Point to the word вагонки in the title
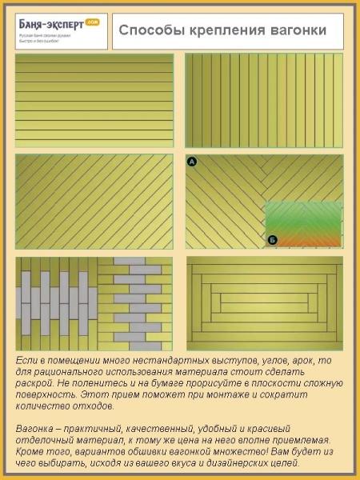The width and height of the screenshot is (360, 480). pyautogui.click(x=299, y=30)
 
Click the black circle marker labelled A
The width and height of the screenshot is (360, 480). pyautogui.click(x=192, y=162)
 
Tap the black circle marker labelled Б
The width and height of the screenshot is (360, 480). pyautogui.click(x=272, y=239)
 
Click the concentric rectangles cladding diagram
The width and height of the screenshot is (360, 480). pyautogui.click(x=264, y=303)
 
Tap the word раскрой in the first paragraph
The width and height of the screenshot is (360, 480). pyautogui.click(x=37, y=384)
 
